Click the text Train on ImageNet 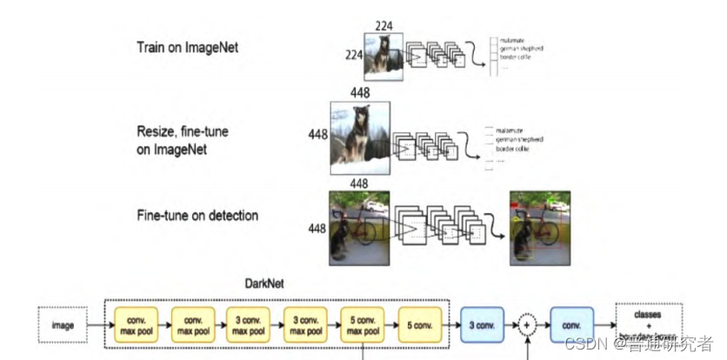187,47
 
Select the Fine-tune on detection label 197,215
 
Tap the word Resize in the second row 158,131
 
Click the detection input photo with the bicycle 359,227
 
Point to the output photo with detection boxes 540,227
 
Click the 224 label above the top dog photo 384,25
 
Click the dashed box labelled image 62,325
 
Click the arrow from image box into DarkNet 97,325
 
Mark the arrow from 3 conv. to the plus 514,325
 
